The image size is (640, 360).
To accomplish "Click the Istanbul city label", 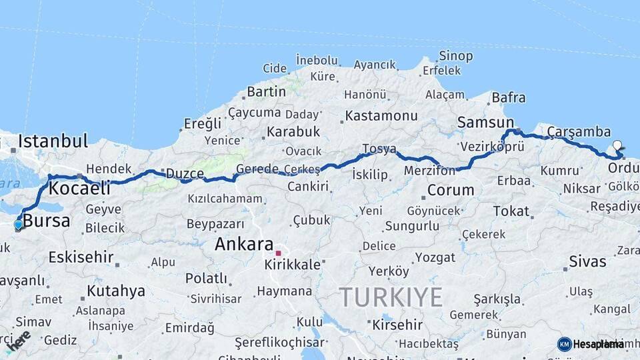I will pos(53,141).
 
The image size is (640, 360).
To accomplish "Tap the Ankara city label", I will pos(244,244).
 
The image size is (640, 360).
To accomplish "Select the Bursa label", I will pos(46,221).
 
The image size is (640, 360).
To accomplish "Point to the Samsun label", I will pos(485,123).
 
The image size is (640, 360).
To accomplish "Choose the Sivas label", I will pos(587,261).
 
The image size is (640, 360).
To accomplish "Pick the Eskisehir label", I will pos(81,257).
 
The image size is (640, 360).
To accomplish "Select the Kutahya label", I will pos(115,291).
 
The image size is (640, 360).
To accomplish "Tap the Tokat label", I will pos(511,211).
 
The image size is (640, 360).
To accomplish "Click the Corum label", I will pos(451,190).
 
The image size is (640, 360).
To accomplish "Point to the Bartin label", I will pos(267,91).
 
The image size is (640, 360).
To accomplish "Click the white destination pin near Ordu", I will pos(617,145).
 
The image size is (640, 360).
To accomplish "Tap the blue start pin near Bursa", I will pos(18,225).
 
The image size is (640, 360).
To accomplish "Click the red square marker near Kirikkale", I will pos(278,253).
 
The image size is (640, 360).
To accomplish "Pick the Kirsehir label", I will pos(397,325).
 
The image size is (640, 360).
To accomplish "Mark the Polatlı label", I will pos(207,278).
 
